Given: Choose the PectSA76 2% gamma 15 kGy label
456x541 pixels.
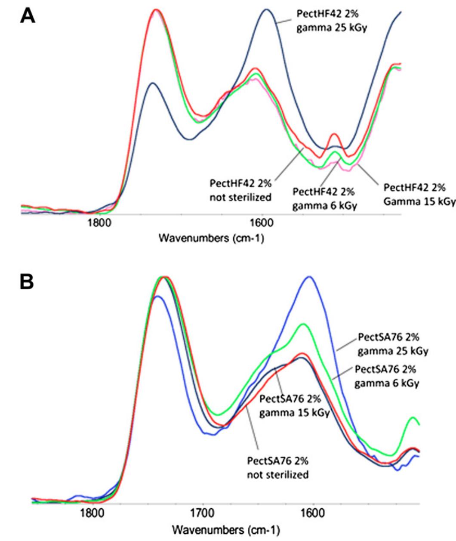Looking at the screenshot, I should pos(294,406).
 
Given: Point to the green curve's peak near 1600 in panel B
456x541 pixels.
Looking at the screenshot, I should pos(304,324).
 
